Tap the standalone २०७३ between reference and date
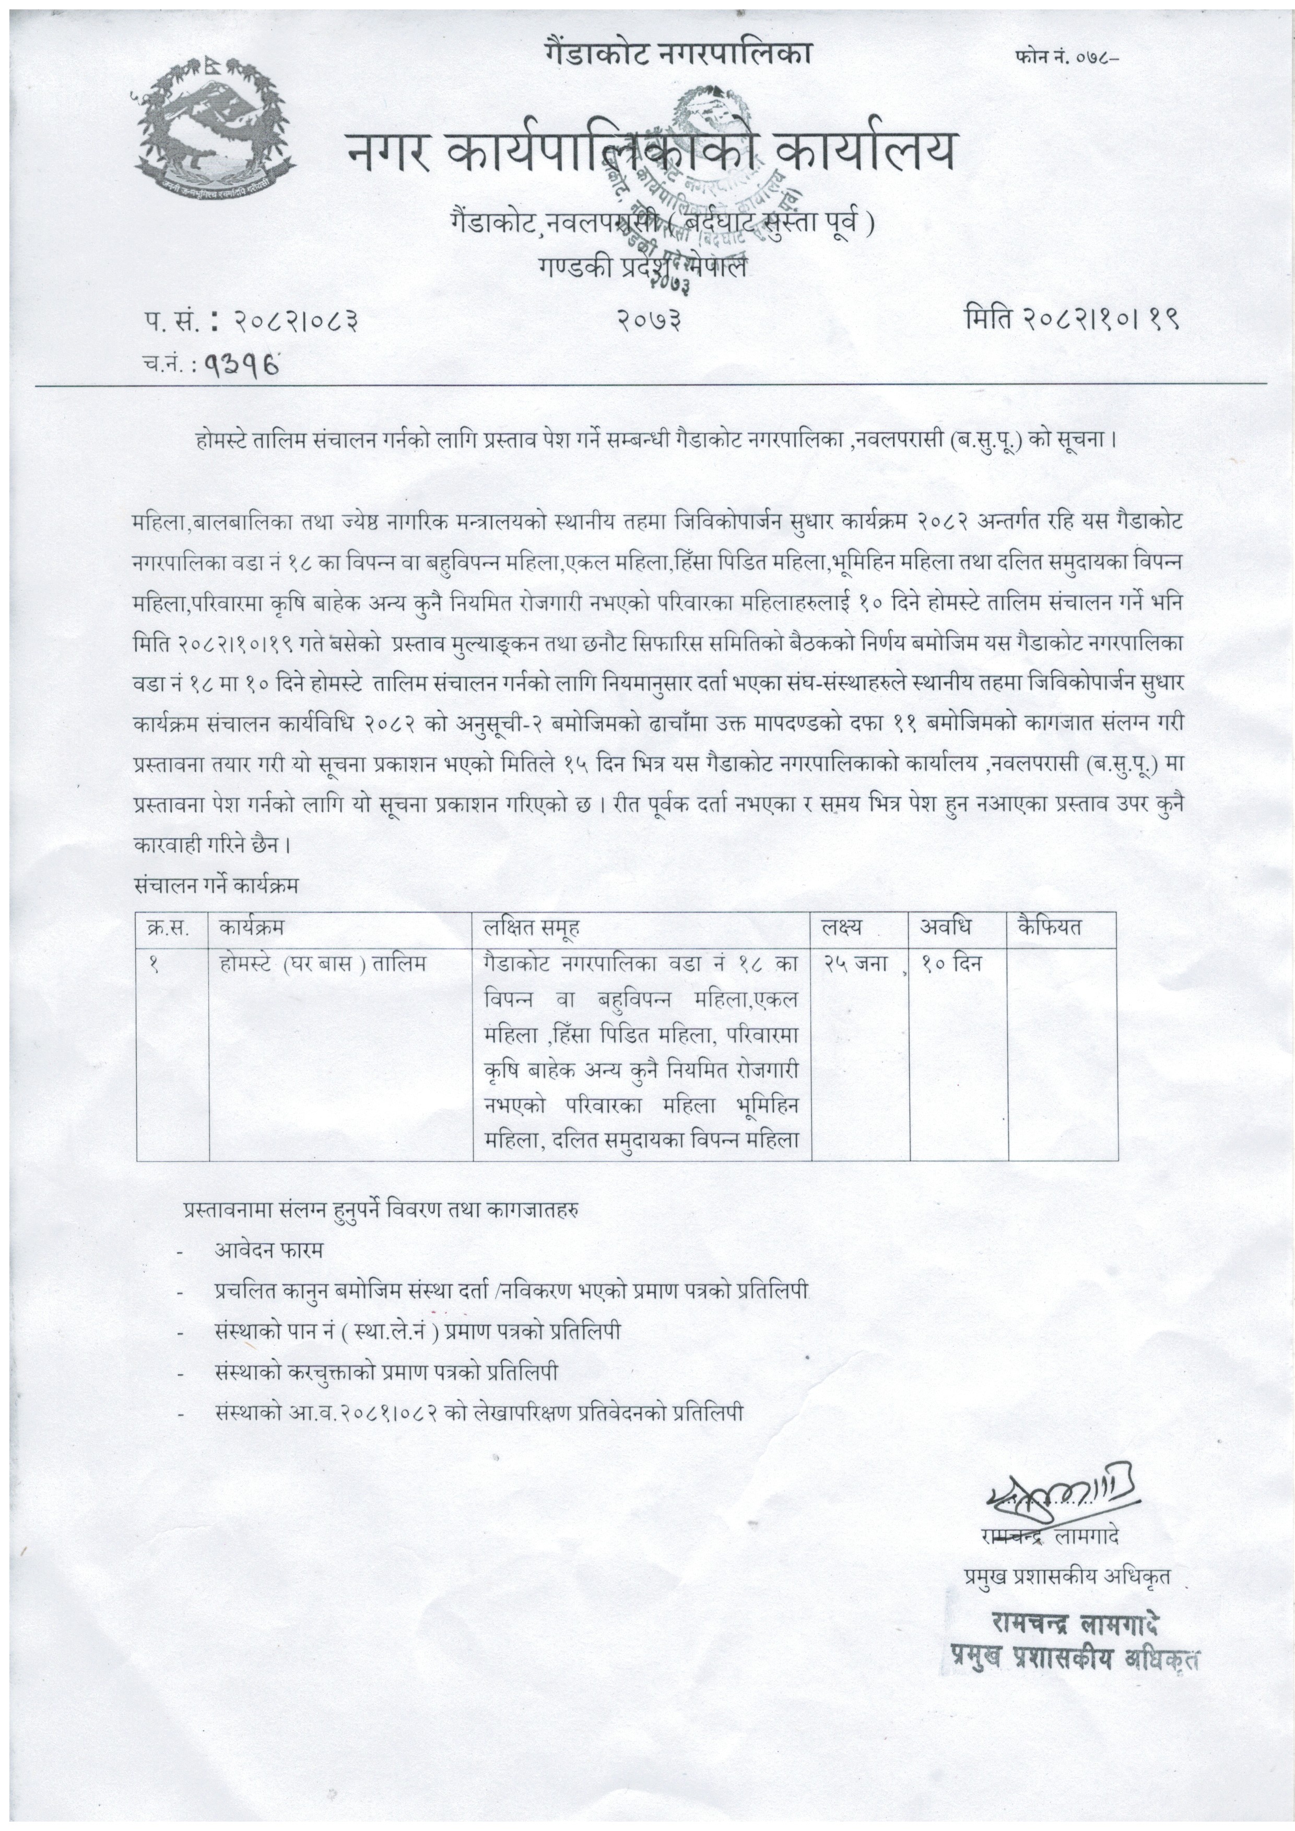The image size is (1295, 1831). (649, 320)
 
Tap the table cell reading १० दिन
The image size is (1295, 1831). (951, 964)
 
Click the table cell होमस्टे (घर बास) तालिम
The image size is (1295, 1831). (322, 964)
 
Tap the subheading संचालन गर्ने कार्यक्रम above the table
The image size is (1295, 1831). (217, 885)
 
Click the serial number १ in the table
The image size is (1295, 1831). (153, 964)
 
